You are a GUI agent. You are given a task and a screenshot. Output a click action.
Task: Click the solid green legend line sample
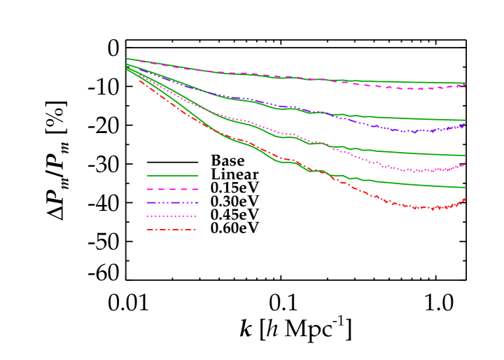tap(172, 176)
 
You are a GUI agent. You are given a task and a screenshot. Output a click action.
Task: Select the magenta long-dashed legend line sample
tap(172, 189)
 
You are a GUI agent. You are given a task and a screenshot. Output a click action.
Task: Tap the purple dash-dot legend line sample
tap(172, 202)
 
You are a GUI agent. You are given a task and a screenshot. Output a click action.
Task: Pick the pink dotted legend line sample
tap(172, 216)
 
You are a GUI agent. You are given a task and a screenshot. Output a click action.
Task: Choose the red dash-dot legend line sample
tap(172, 230)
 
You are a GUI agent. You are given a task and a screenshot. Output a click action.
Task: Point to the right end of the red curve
tap(465, 199)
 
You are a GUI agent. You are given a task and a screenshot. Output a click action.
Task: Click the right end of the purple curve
tap(465, 124)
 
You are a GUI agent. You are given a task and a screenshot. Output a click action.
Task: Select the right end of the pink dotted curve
tap(465, 162)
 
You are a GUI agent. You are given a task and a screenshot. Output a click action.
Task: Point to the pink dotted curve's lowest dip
tap(419, 172)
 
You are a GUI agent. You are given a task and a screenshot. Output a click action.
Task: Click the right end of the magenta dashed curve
tap(465, 84)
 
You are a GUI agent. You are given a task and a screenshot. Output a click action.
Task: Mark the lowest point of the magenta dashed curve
tap(420, 90)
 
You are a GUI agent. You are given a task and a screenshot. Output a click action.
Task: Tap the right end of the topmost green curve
tap(465, 83)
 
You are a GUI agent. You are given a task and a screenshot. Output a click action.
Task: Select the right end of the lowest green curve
tap(465, 188)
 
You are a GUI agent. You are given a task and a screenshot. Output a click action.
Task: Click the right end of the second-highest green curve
tap(465, 120)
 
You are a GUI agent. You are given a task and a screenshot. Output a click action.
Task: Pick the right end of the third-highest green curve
tap(465, 155)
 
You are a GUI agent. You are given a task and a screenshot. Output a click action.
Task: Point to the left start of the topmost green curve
tap(127, 59)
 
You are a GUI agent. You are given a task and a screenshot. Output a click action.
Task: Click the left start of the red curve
tap(139, 79)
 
